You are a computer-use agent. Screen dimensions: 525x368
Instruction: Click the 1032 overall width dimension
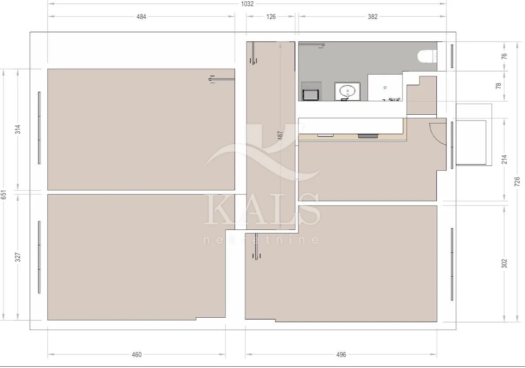pos(247,4)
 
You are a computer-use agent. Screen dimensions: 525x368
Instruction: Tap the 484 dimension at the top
pos(141,16)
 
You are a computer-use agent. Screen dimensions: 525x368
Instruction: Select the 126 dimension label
pos(271,16)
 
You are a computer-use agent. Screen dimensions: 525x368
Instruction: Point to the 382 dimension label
pos(373,16)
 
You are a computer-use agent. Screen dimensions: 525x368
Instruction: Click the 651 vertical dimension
pos(4,195)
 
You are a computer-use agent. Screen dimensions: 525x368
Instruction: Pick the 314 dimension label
pos(18,129)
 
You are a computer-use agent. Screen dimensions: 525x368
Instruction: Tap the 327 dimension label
pos(18,257)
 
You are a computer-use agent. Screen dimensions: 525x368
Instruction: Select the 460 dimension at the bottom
pos(136,355)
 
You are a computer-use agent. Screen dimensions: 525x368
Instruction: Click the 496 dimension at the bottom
pos(341,355)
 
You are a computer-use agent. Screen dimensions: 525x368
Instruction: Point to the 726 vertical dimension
pos(517,182)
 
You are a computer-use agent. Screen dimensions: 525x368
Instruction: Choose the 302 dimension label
pos(504,263)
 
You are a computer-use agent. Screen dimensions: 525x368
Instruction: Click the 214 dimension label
pos(504,159)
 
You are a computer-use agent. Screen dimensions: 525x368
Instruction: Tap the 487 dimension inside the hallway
pos(280,135)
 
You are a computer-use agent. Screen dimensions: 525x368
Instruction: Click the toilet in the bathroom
pos(427,56)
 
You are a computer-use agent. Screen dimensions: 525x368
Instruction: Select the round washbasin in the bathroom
pos(347,90)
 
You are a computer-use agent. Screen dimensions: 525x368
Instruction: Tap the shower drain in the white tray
pos(385,88)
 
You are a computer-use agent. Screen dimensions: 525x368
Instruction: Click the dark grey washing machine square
pos(311,95)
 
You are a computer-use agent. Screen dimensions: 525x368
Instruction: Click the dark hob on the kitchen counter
pos(368,136)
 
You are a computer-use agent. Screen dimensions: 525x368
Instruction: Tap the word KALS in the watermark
pos(262,210)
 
